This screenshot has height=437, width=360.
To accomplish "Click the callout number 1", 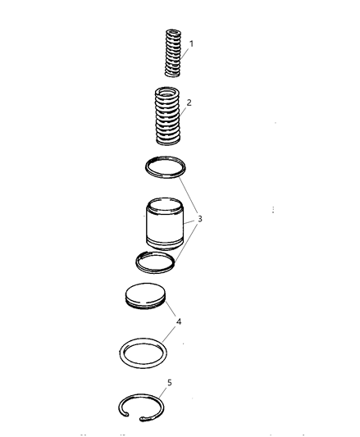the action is [191, 43].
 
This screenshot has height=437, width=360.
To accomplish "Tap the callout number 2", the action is [189, 102].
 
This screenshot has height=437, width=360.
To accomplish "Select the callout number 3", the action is [199, 219].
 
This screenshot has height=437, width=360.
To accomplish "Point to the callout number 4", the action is [179, 321].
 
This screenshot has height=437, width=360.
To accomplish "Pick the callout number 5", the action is [170, 383].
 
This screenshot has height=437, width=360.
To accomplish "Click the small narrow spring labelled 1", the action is [173, 52].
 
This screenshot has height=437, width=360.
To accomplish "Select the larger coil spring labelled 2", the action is [167, 116].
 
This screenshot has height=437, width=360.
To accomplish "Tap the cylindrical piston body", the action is [165, 224].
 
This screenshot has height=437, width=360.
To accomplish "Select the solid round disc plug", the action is [145, 296].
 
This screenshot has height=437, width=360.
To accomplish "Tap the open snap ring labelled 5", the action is [141, 395].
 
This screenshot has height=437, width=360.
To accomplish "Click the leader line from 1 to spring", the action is [185, 53].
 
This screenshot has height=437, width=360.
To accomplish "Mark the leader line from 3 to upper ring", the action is [189, 196].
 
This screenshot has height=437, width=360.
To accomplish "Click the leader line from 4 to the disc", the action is [171, 308].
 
